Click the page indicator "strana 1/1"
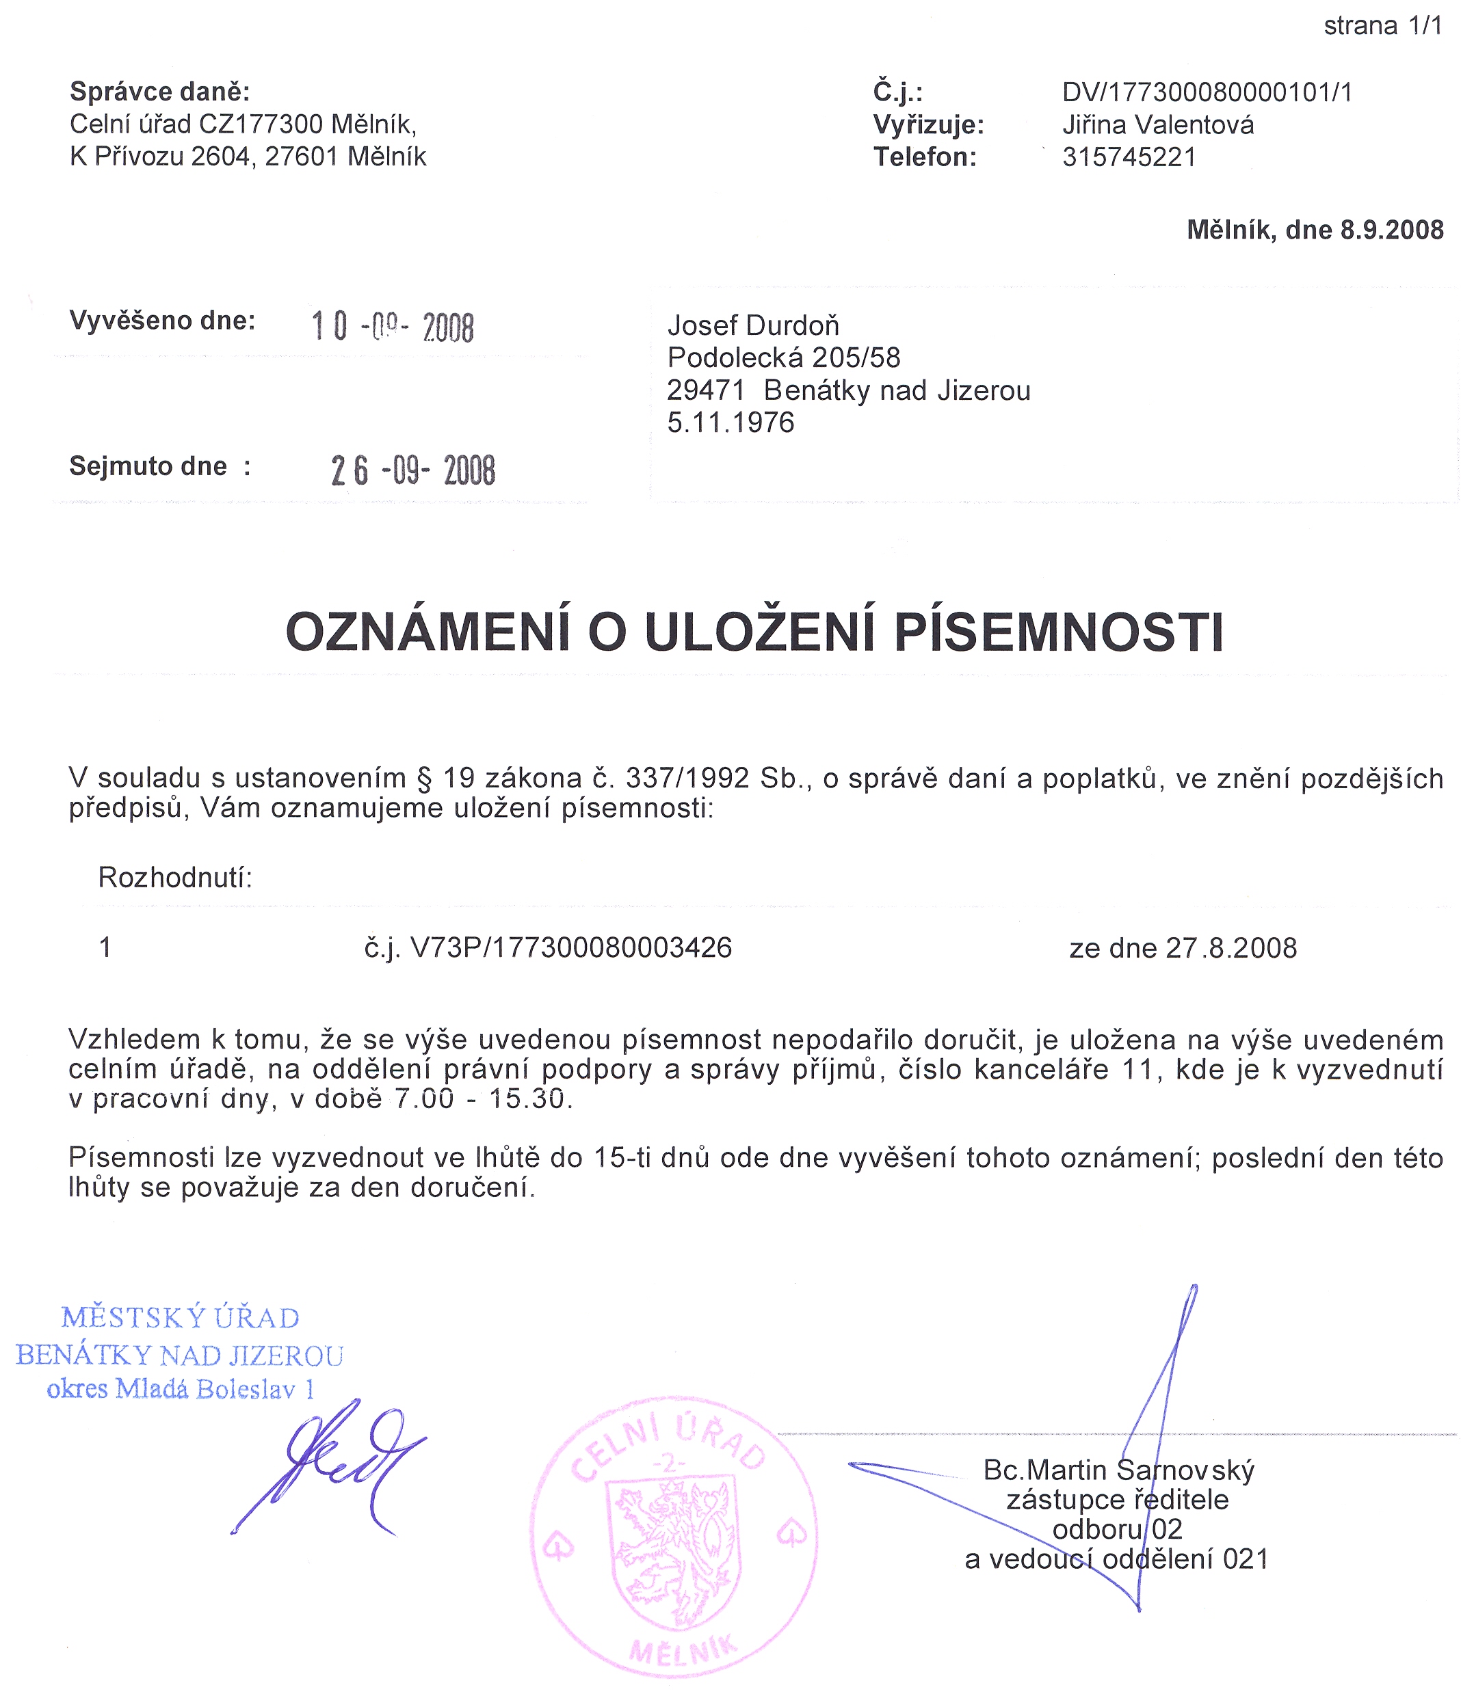coord(1382,26)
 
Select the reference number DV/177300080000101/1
coord(1207,92)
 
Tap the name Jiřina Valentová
coord(1157,124)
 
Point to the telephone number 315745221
coord(1129,157)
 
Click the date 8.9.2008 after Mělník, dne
coord(1391,230)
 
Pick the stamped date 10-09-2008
coord(393,327)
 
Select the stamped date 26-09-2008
coord(413,470)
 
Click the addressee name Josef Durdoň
coord(752,325)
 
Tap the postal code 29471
coord(705,390)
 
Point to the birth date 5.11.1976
coord(730,422)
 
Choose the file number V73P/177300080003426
coord(570,947)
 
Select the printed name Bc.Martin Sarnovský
coord(1118,1470)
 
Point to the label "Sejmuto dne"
coord(148,466)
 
